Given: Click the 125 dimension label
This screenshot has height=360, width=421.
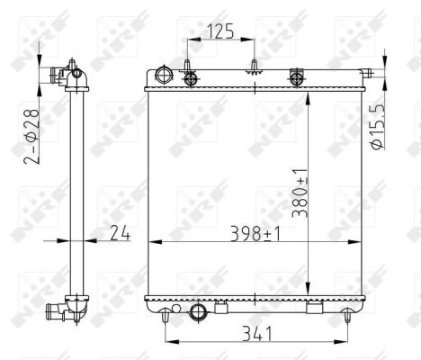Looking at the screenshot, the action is tap(220, 32).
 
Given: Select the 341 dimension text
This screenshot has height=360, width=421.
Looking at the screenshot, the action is tap(257, 334).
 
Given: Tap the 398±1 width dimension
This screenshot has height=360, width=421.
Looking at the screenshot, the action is tap(255, 234).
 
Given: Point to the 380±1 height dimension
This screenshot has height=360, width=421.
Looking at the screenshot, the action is tap(300, 193).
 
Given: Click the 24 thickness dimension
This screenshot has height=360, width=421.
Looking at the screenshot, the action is tap(120, 233).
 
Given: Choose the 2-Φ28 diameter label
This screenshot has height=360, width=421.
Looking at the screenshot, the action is tap(31, 137).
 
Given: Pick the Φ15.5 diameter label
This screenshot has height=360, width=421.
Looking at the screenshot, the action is tap(376, 127).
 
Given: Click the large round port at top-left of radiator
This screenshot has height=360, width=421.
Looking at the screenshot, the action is tap(164, 75).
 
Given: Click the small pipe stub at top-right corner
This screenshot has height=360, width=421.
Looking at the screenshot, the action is tap(366, 73).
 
